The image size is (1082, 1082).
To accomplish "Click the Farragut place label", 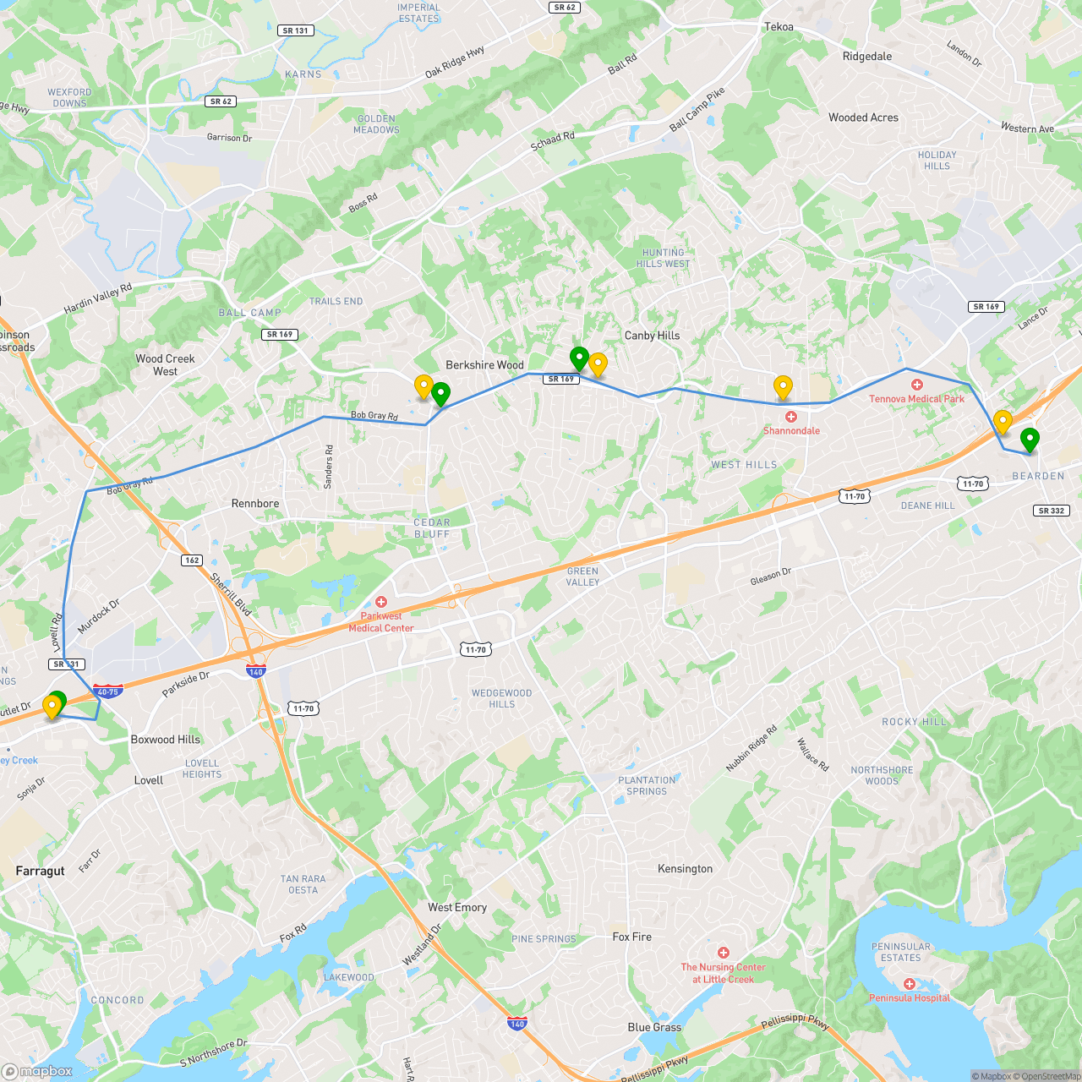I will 40,871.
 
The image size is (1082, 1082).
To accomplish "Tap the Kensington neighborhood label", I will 685,868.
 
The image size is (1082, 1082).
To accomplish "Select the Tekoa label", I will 779,27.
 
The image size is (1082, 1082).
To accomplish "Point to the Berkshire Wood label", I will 484,365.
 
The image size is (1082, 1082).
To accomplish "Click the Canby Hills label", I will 652,336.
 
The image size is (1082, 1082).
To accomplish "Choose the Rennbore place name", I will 255,503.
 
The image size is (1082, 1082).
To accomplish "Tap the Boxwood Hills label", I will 166,739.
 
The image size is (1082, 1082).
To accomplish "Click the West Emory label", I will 457,907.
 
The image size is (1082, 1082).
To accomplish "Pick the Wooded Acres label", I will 863,117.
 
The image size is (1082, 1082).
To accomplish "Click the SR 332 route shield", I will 1052,511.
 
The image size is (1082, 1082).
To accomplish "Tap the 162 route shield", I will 192,560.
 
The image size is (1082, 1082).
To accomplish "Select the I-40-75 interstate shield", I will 108,691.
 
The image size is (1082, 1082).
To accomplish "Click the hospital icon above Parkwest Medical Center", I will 381,602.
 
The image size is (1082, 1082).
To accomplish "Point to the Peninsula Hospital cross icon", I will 910,984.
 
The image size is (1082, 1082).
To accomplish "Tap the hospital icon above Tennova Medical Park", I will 917,385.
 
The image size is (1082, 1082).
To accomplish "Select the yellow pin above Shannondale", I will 783,387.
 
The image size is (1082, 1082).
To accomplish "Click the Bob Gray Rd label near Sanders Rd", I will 374,415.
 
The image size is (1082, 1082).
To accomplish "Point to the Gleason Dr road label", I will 770,577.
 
